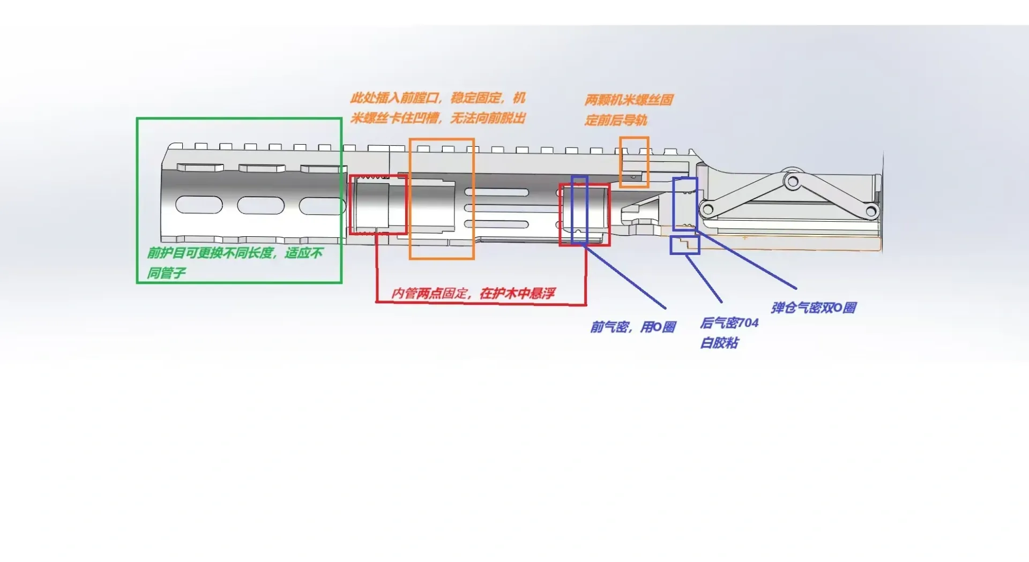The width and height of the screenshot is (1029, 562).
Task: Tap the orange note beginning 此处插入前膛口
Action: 438,108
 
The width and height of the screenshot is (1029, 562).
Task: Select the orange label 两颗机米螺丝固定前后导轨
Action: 628,109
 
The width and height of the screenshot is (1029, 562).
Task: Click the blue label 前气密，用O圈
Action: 633,327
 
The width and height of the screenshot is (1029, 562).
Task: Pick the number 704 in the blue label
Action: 748,323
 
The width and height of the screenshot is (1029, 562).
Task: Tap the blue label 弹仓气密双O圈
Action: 814,308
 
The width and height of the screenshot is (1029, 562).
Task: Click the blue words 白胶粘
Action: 720,343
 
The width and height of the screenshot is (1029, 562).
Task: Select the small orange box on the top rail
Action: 634,162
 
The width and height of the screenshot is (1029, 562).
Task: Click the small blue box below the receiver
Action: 685,245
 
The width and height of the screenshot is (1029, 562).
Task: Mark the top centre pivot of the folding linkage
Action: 792,182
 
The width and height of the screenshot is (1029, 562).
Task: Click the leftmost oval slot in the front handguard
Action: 199,205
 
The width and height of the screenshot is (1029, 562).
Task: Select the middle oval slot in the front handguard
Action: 260,205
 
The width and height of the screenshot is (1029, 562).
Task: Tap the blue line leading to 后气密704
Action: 704,279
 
